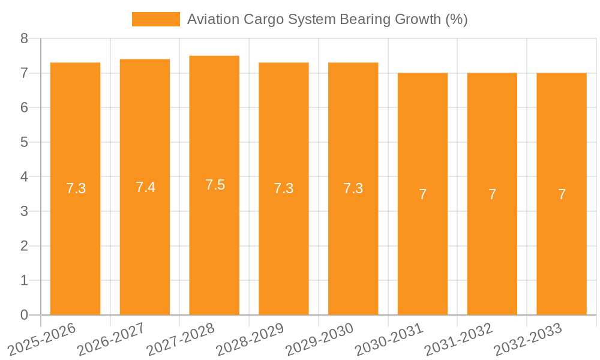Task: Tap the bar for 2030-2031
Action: click(x=422, y=252)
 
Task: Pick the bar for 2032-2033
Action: click(x=562, y=252)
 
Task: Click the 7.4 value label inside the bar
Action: click(x=145, y=187)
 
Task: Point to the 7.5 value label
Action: click(x=215, y=185)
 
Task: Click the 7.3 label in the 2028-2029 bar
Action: click(x=284, y=188)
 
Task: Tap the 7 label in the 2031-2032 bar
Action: click(x=492, y=194)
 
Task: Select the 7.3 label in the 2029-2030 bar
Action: click(x=353, y=188)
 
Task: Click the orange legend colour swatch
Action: click(x=155, y=19)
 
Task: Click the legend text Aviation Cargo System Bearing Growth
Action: click(x=327, y=19)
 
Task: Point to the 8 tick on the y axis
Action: click(x=25, y=38)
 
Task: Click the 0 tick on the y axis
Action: click(x=25, y=315)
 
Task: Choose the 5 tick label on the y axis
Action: click(x=25, y=142)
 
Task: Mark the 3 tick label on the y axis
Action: click(x=25, y=211)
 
